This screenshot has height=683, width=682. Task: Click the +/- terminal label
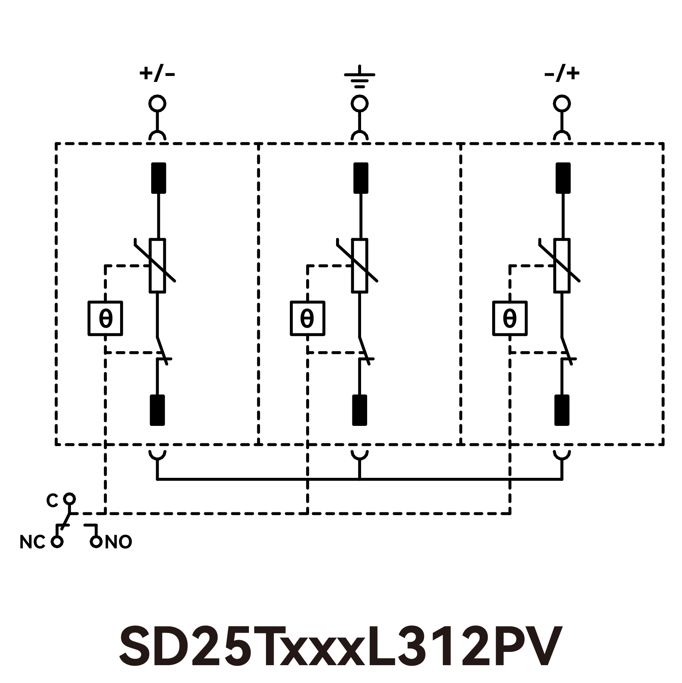click(x=157, y=74)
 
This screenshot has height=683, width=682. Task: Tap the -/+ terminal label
click(x=562, y=74)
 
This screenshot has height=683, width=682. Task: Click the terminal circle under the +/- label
click(x=157, y=104)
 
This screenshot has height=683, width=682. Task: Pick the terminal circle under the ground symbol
click(x=359, y=104)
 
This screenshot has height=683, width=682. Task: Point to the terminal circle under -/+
click(x=562, y=104)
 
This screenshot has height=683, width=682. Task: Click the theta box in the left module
click(x=105, y=319)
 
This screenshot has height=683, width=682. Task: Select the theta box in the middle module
click(x=307, y=319)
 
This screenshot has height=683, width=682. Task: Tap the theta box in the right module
click(x=510, y=319)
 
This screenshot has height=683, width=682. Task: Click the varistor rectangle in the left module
click(x=157, y=265)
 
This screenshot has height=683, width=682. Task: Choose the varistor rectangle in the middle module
click(x=360, y=265)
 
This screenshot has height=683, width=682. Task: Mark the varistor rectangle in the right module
click(x=562, y=265)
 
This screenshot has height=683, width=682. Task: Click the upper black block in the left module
click(x=158, y=178)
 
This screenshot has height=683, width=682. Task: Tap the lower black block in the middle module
click(x=360, y=410)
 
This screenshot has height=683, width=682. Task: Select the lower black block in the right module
click(x=562, y=410)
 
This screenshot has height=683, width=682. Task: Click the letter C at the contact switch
click(x=52, y=501)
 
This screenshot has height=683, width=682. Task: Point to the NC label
click(x=32, y=543)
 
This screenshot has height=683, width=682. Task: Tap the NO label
click(x=118, y=543)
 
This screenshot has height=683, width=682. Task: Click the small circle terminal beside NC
click(x=57, y=542)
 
